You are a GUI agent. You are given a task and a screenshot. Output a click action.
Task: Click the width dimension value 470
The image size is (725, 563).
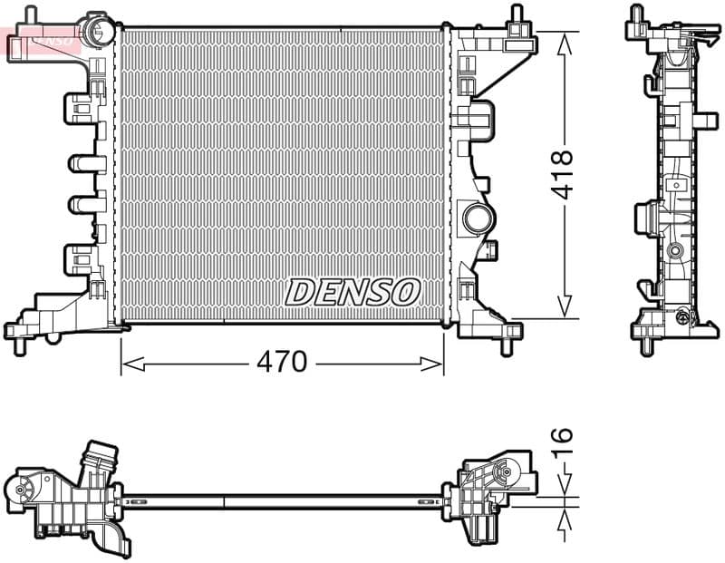point(282,363)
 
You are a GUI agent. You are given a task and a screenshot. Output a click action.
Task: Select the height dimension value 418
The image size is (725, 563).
point(564,174)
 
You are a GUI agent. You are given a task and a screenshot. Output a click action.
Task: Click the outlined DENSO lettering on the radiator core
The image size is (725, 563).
point(353,292)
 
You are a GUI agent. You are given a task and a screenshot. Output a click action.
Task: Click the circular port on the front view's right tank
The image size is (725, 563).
point(478,218)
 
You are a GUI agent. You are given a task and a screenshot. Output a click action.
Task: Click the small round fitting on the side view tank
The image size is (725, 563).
point(674,249)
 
